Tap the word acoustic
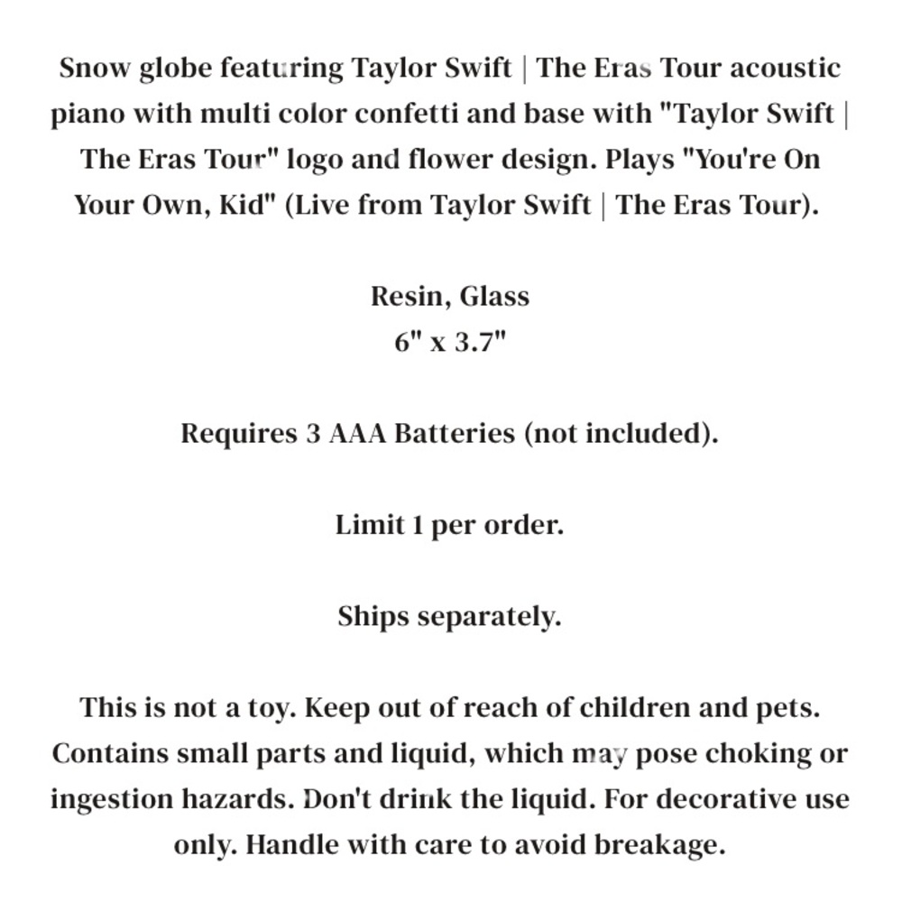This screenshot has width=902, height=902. tap(784, 69)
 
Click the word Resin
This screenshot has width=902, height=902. tap(410, 297)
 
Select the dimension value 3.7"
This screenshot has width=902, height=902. tap(478, 343)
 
